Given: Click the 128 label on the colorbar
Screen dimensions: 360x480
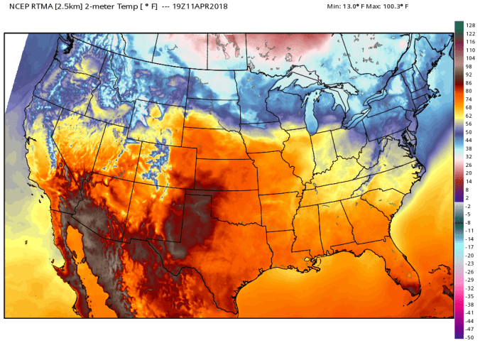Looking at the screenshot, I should pyautogui.click(x=469, y=25).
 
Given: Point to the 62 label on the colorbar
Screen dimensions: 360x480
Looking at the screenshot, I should pyautogui.click(x=469, y=115).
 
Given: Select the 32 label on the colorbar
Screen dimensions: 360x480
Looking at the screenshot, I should pyautogui.click(x=469, y=156).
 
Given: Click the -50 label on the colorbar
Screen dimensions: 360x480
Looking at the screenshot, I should pyautogui.click(x=469, y=338).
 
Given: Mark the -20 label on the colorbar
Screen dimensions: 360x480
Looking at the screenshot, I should pyautogui.click(x=469, y=255).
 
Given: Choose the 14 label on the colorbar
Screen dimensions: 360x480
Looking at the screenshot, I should pyautogui.click(x=469, y=181).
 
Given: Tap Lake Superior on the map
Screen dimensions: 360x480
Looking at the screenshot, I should pyautogui.click(x=298, y=80).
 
